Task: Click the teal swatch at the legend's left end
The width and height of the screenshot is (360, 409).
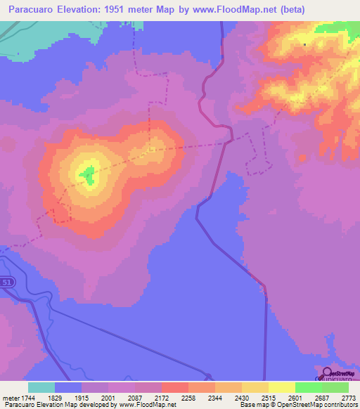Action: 41,387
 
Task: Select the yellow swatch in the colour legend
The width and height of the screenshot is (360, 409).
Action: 281,387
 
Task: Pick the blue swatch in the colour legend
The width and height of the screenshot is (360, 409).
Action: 68,387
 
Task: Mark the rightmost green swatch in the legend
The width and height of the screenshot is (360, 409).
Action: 335,387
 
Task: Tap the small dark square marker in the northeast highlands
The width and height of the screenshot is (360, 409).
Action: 305,45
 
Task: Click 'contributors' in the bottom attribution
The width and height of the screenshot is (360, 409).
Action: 339,405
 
